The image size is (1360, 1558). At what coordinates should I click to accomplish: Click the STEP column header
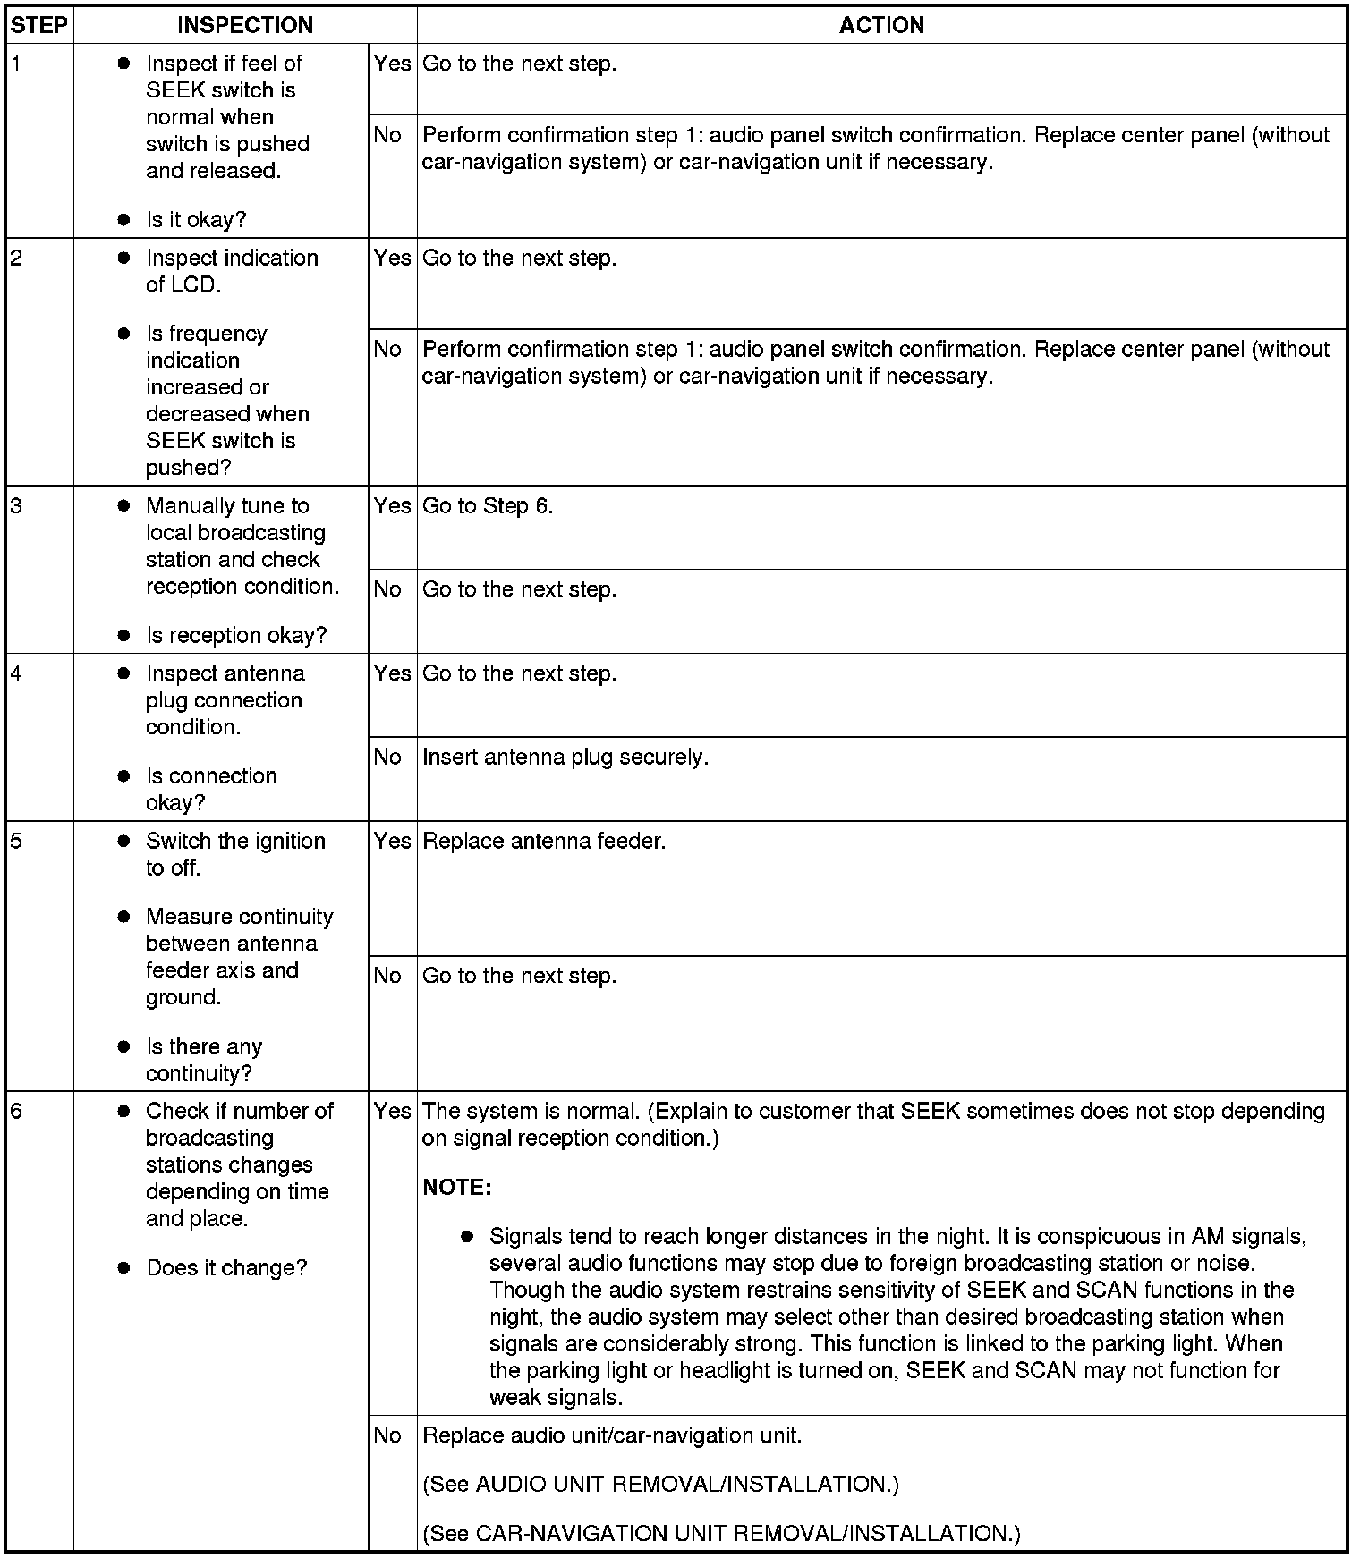[39, 25]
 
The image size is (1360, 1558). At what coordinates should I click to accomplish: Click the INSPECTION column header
[245, 25]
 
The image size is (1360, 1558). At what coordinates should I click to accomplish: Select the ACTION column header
[881, 25]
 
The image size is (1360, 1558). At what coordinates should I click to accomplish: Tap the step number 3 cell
[16, 506]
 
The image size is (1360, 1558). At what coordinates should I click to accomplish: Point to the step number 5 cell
[16, 842]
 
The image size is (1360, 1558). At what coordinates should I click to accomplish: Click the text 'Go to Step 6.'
[488, 506]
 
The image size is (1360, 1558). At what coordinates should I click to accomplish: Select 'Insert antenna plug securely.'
[565, 758]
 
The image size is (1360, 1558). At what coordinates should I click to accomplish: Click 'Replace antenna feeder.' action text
[544, 842]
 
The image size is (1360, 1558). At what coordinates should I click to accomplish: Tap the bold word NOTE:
[456, 1188]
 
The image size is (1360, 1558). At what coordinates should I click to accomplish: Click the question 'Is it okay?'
[196, 220]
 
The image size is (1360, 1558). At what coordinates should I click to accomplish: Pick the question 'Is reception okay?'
[236, 636]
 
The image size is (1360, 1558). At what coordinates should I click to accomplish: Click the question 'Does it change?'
[226, 1268]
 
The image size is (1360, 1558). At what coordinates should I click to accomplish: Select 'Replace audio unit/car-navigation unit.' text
[612, 1435]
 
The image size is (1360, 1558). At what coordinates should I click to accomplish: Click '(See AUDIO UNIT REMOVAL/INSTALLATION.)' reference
[660, 1485]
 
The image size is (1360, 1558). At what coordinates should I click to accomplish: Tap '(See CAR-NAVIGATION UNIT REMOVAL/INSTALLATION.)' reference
[721, 1534]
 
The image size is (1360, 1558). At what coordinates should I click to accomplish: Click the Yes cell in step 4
[392, 673]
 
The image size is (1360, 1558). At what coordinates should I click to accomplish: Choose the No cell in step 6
[387, 1435]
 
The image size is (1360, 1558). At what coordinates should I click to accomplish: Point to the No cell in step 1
[387, 135]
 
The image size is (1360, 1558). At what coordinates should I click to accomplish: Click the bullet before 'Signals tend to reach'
[466, 1237]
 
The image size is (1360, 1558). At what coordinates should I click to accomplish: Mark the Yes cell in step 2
[392, 258]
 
